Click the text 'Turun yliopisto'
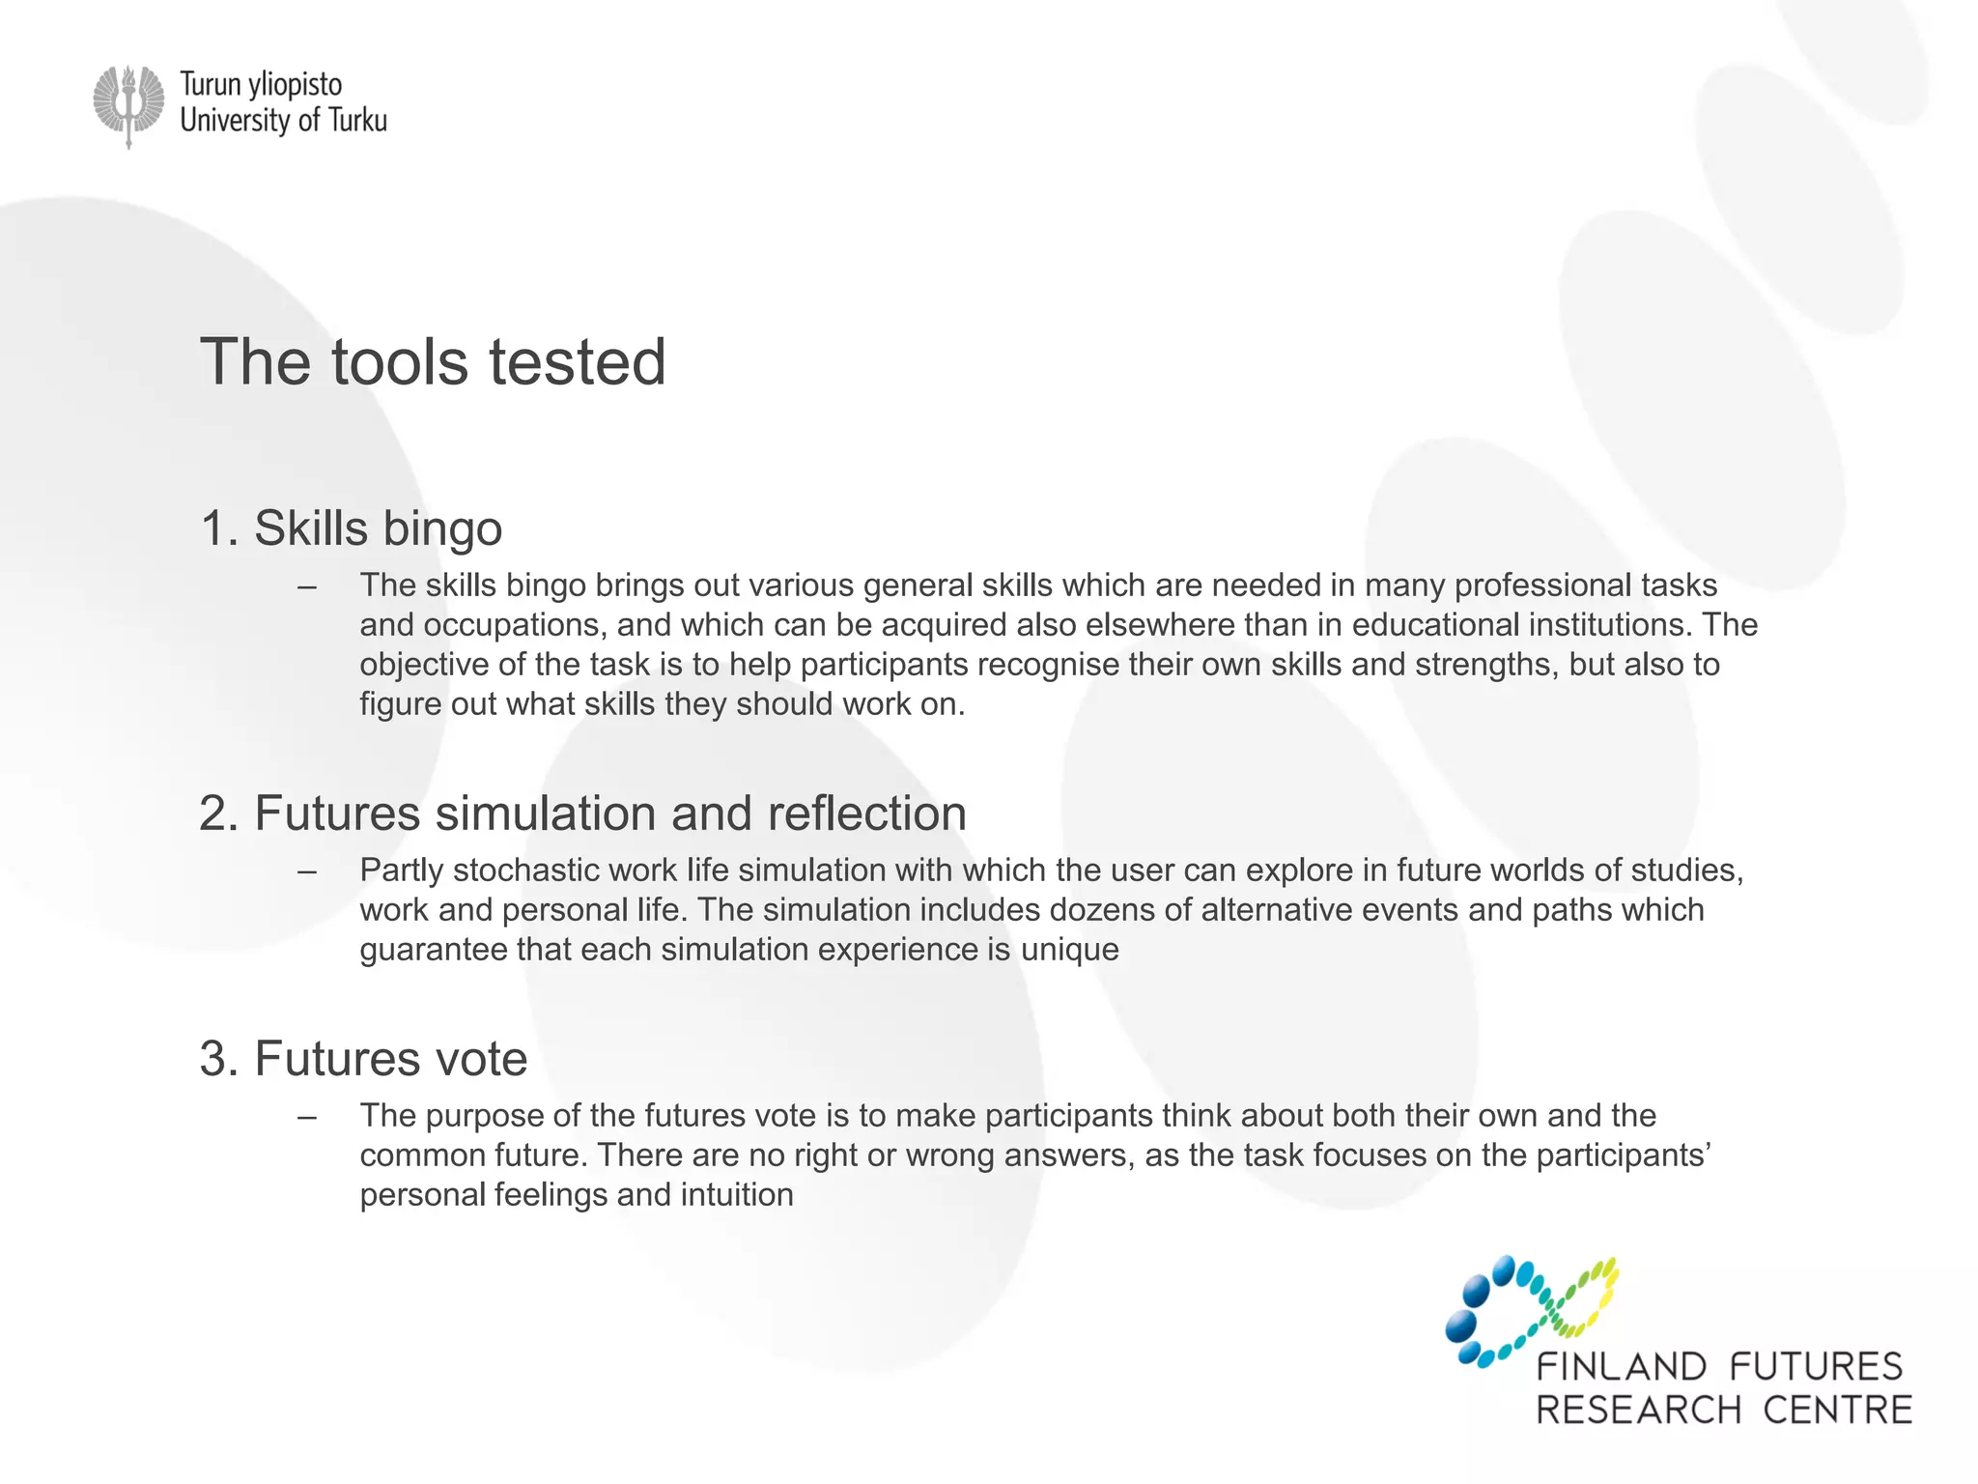tap(261, 85)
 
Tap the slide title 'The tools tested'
tap(433, 362)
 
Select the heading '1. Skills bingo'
tap(351, 528)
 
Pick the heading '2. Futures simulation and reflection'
tap(582, 813)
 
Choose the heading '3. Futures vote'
tap(363, 1058)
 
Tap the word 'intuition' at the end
tap(737, 1195)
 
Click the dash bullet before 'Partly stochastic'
tap(307, 871)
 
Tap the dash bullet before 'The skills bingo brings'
tap(307, 586)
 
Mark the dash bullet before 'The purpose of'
tap(307, 1117)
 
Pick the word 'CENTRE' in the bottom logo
tap(1837, 1411)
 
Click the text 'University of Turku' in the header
tap(283, 121)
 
